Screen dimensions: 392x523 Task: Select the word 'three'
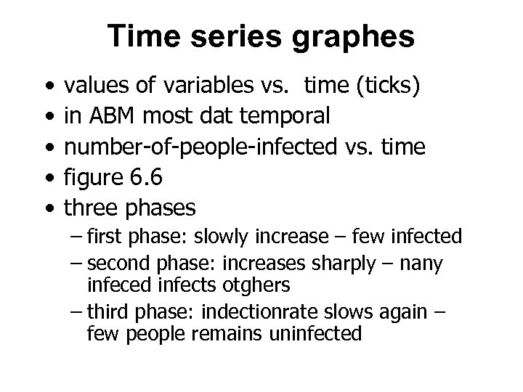tap(94, 208)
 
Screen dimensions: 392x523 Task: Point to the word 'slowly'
tap(235, 237)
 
